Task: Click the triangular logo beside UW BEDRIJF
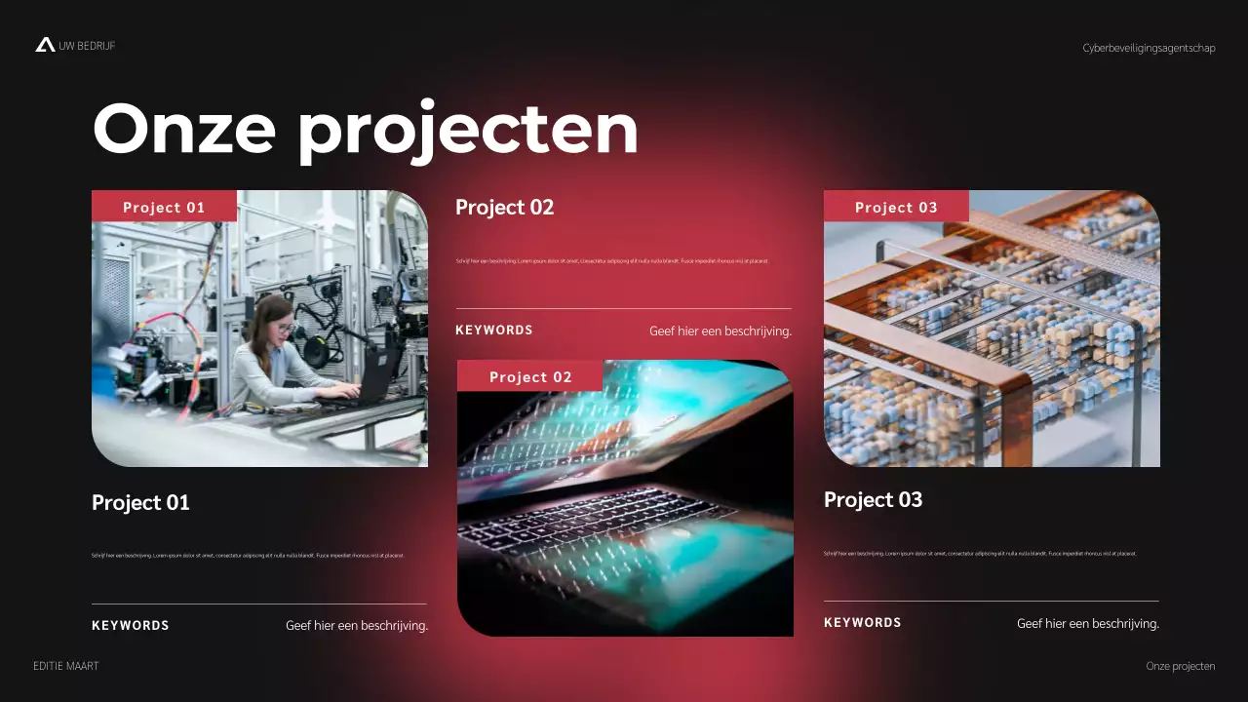click(45, 45)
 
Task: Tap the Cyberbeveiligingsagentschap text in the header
click(1149, 48)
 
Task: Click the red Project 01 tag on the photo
click(164, 207)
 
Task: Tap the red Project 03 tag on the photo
click(896, 207)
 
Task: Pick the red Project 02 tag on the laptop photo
click(530, 376)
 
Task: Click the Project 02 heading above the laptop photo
click(504, 207)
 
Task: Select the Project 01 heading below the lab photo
click(140, 502)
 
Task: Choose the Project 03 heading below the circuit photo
click(873, 499)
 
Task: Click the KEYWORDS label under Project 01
click(131, 625)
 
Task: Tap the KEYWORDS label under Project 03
click(863, 622)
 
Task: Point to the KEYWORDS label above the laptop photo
click(494, 330)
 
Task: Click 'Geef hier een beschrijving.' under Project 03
click(1088, 623)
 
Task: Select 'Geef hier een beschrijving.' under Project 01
click(357, 626)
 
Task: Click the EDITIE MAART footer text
click(66, 666)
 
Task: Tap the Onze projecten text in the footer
click(1181, 666)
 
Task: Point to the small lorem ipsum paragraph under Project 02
click(612, 261)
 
